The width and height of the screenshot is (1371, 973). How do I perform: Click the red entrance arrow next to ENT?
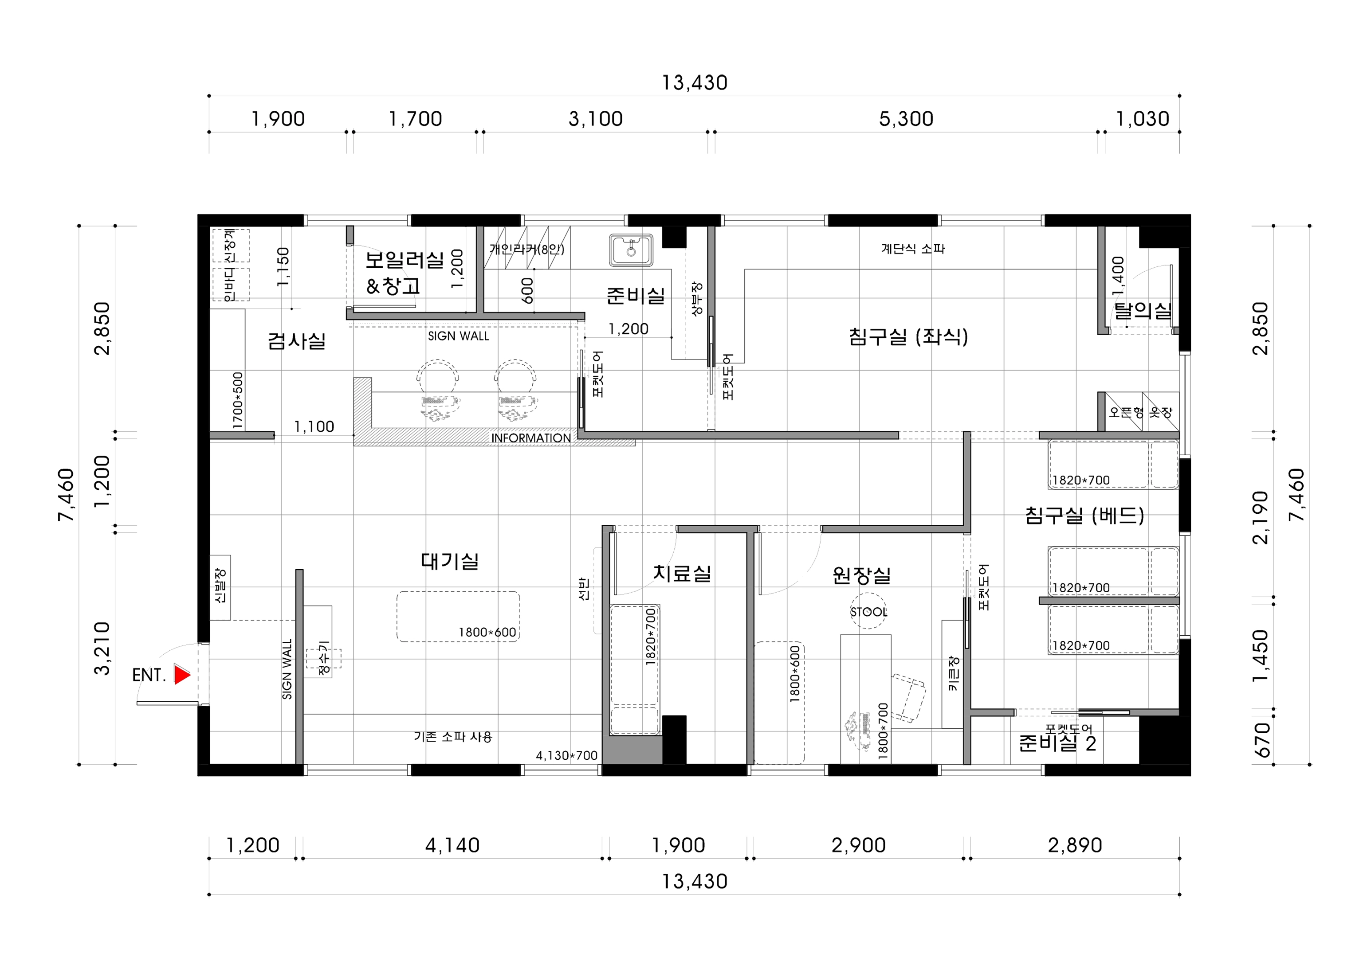click(x=182, y=674)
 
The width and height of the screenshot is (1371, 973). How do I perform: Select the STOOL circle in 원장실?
click(x=868, y=610)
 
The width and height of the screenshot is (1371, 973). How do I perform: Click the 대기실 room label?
click(x=450, y=561)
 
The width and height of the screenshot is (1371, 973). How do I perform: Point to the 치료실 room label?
click(x=682, y=573)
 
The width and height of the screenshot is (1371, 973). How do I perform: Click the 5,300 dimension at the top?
click(x=906, y=119)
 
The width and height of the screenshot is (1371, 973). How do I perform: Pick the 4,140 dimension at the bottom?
click(x=452, y=845)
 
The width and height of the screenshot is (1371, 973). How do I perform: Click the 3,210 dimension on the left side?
click(x=102, y=648)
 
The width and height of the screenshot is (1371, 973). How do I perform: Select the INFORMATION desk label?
click(x=531, y=438)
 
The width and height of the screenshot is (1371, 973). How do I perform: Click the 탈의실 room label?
click(x=1143, y=310)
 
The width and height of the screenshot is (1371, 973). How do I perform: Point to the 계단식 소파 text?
click(x=912, y=248)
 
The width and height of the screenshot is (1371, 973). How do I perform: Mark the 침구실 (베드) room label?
click(x=1084, y=515)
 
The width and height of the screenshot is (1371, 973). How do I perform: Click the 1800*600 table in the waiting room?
click(x=458, y=617)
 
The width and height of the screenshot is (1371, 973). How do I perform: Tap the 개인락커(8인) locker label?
click(x=526, y=249)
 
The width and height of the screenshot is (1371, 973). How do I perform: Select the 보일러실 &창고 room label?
click(x=405, y=273)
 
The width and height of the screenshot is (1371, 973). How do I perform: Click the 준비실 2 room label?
click(x=1057, y=743)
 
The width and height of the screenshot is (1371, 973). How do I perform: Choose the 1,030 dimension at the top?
click(x=1142, y=119)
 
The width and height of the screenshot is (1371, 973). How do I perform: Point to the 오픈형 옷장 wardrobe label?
click(x=1140, y=412)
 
